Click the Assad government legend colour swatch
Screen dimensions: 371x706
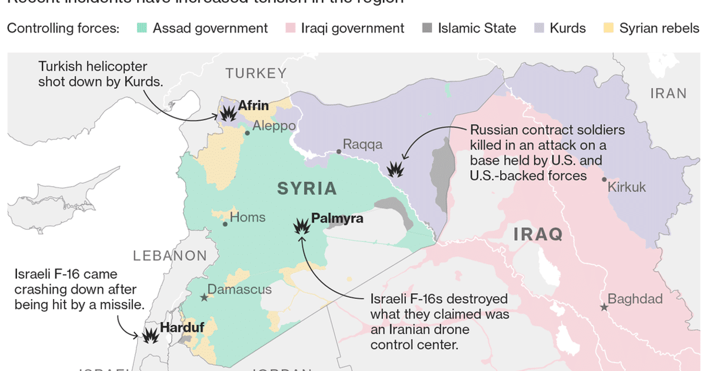tap(141, 28)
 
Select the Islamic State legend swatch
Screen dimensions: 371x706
tap(427, 28)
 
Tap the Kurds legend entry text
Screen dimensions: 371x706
tap(568, 28)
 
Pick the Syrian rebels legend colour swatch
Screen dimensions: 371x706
tap(609, 28)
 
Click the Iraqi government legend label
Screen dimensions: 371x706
tap(352, 28)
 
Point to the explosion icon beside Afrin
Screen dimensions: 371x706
tap(227, 112)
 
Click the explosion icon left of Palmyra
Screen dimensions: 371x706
tap(302, 226)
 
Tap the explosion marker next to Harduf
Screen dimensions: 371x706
tap(151, 336)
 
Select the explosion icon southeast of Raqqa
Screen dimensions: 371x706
tap(395, 170)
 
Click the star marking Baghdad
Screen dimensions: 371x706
tap(604, 307)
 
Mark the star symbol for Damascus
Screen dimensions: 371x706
tap(204, 298)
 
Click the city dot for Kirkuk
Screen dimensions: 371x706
tap(604, 180)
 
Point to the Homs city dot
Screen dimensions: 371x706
tap(225, 224)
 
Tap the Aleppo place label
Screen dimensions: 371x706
tap(274, 127)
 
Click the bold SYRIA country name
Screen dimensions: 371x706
tap(307, 188)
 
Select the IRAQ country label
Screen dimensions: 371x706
tap(538, 234)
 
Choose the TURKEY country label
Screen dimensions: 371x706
tap(256, 74)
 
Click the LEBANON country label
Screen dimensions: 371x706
tap(170, 256)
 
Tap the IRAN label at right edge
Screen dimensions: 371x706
tap(668, 93)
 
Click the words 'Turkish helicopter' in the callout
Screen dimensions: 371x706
tap(92, 67)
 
